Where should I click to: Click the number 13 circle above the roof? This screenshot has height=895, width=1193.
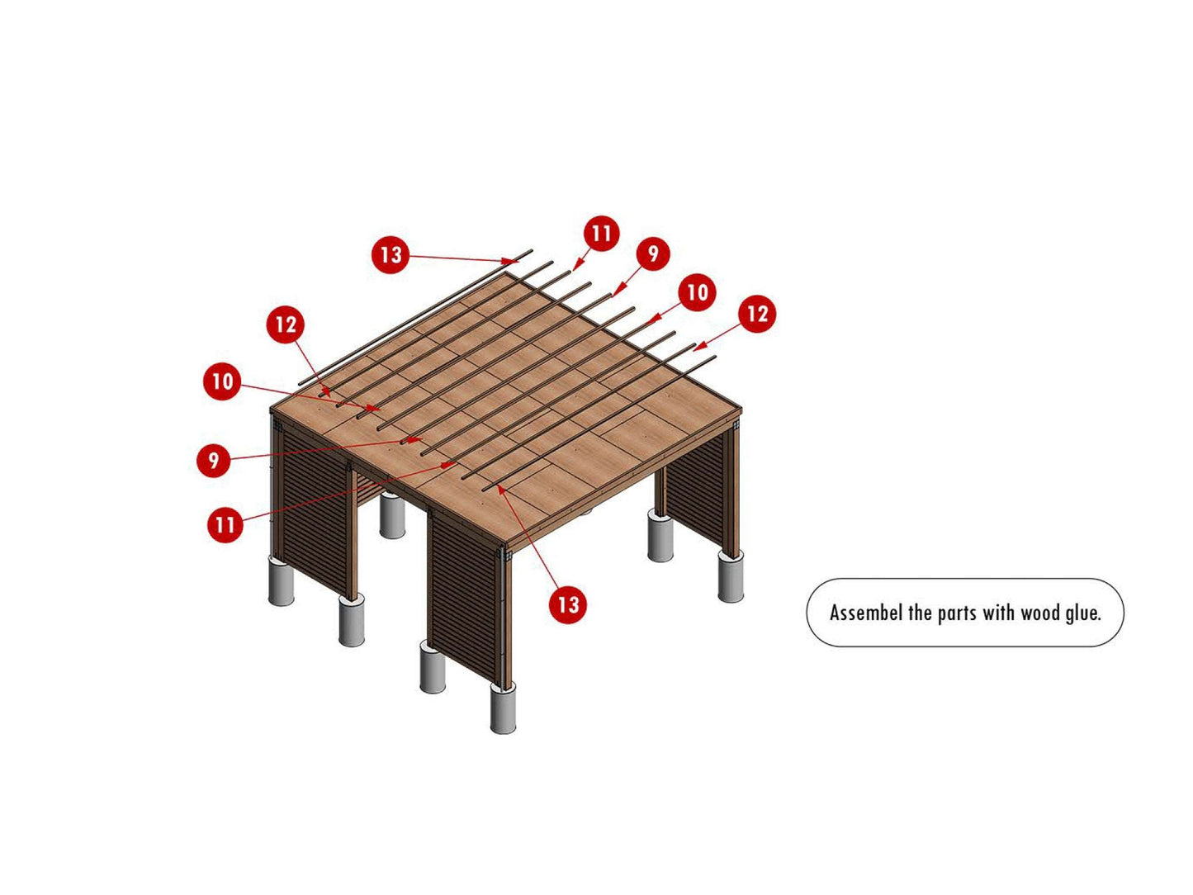[390, 254]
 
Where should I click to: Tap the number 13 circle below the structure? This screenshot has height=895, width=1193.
[568, 604]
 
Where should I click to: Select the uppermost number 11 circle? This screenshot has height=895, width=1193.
[601, 234]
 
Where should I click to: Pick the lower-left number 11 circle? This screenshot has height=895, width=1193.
[225, 524]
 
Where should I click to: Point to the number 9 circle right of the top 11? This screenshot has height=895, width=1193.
[652, 253]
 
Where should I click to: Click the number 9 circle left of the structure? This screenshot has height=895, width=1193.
[214, 460]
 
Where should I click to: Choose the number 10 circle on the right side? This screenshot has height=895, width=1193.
[698, 292]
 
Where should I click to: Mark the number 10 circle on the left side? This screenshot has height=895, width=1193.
[222, 381]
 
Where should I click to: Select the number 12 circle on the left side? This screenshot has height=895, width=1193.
[286, 324]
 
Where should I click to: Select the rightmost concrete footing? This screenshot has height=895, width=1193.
[731, 576]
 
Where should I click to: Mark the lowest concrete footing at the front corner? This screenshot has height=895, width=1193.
[503, 708]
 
